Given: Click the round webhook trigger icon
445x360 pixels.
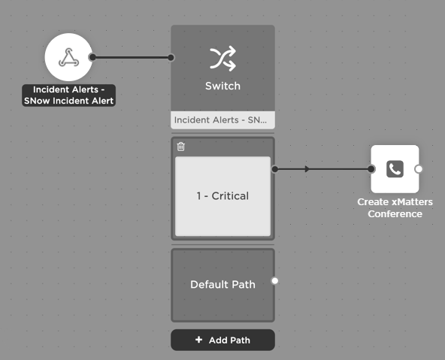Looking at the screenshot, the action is tap(68, 57).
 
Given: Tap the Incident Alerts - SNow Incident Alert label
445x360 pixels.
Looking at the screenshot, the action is tap(68, 95).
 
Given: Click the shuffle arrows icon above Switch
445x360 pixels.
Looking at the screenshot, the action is tap(222, 58).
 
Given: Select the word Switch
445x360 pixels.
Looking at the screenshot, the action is tap(222, 86).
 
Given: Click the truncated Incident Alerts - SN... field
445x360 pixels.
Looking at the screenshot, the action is tap(222, 120).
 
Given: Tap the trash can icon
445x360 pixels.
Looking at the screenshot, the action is tap(180, 147).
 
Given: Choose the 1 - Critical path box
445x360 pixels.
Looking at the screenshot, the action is tap(222, 196).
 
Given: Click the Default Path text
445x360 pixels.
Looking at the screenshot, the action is tap(222, 285).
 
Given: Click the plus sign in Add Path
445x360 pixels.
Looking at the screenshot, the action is tap(199, 340).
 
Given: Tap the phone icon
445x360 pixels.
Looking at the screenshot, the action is tap(395, 169).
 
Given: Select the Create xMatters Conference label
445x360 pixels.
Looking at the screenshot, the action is tap(395, 208).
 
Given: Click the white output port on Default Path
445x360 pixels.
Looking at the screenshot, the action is tap(274, 281).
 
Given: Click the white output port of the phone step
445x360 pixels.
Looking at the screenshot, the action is tap(419, 169).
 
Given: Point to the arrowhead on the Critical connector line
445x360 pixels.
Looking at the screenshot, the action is tap(307, 169).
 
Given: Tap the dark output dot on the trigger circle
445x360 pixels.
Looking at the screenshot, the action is tap(92, 57).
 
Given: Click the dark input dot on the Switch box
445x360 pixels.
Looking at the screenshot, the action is tap(171, 58).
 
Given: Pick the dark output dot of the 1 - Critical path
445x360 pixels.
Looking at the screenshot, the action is tap(274, 169).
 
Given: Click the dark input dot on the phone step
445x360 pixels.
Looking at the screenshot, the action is tap(371, 169).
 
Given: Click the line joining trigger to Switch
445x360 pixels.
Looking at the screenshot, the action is tap(132, 58).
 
